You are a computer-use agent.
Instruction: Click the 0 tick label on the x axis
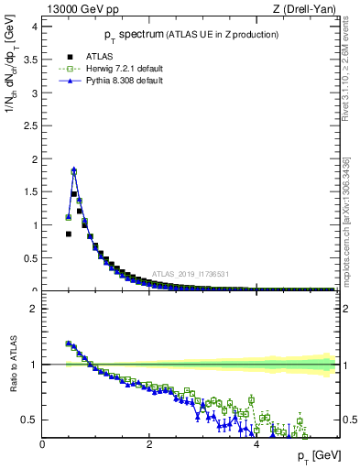pos(42,443)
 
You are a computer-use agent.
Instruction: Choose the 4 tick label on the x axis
pos(256,443)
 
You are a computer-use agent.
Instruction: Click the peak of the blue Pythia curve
pos(73,169)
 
